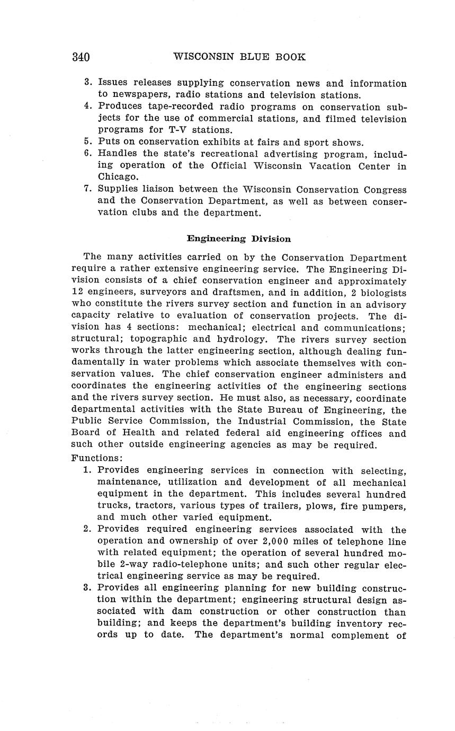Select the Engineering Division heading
[x=239, y=239]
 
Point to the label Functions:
[x=97, y=458]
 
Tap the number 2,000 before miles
[x=278, y=541]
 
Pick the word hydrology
[x=245, y=340]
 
